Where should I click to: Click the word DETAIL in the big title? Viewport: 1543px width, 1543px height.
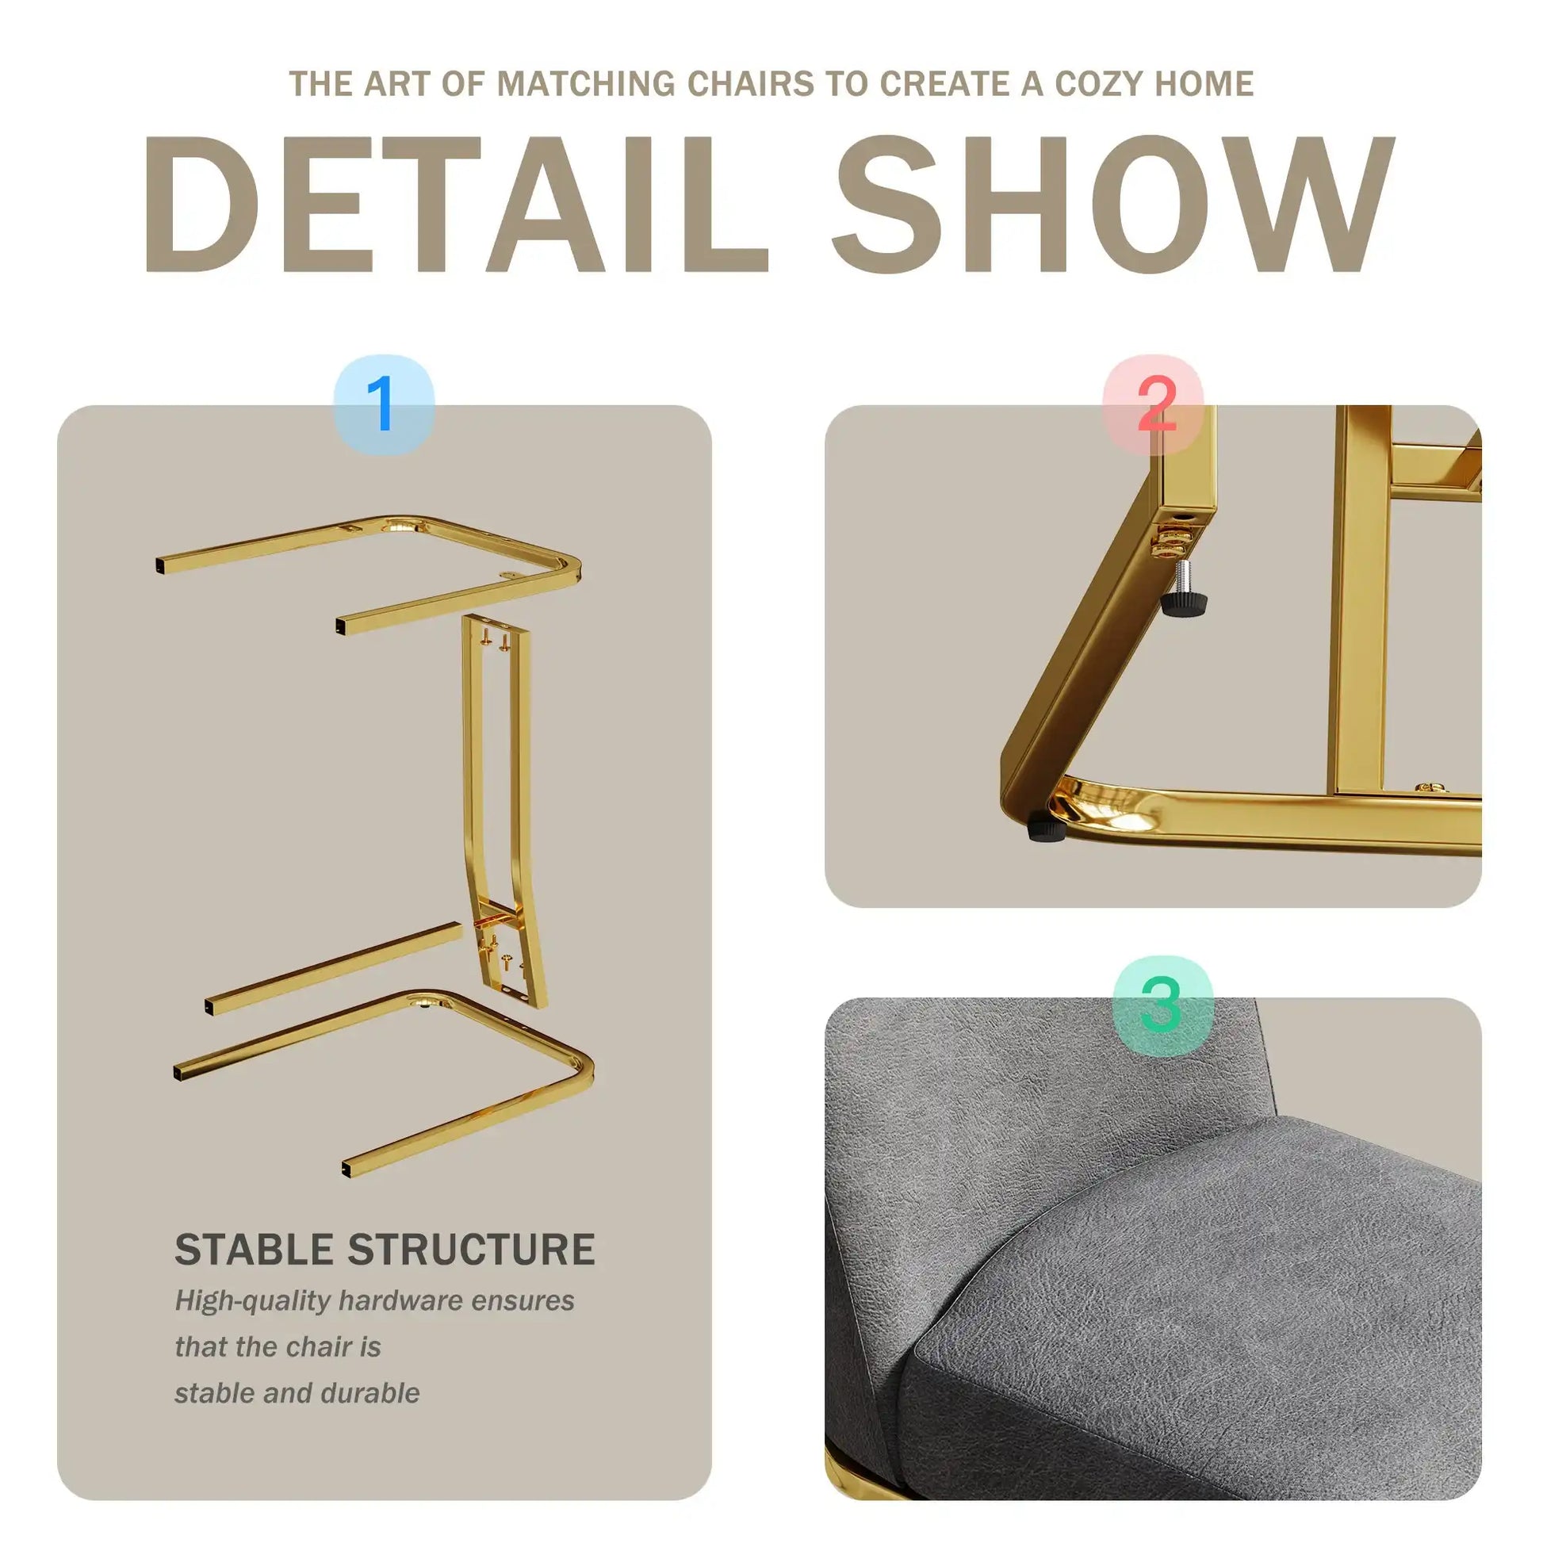tap(456, 205)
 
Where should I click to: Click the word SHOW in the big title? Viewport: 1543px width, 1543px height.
tap(1112, 205)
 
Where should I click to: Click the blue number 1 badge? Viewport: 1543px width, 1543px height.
tap(383, 404)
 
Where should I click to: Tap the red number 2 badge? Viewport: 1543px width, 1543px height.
tap(1153, 404)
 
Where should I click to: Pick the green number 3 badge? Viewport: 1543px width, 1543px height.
tap(1163, 1005)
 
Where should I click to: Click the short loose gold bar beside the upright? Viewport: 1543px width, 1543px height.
tap(334, 969)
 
